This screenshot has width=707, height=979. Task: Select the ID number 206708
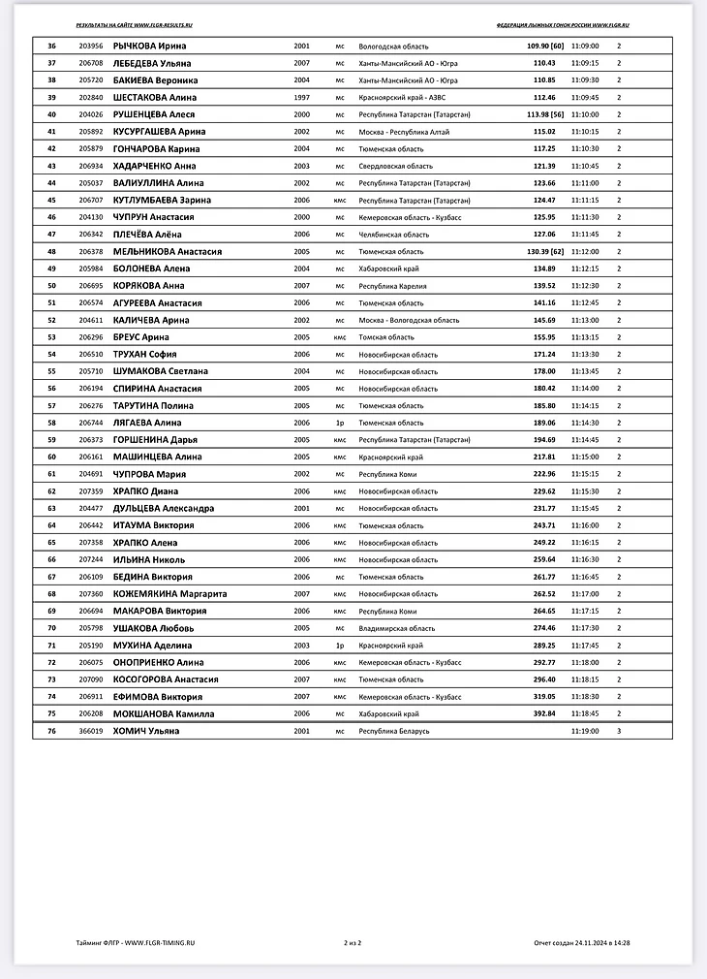pyautogui.click(x=91, y=63)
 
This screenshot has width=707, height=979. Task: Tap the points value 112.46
pyautogui.click(x=544, y=98)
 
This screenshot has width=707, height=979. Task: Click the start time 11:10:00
pyautogui.click(x=584, y=114)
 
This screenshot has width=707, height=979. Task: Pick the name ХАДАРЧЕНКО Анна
pyautogui.click(x=154, y=166)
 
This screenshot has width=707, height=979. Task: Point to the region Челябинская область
pyautogui.click(x=393, y=235)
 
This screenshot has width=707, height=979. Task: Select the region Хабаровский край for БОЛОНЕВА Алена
pyautogui.click(x=388, y=268)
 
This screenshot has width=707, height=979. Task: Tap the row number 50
pyautogui.click(x=51, y=286)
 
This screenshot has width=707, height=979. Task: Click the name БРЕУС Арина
pyautogui.click(x=140, y=337)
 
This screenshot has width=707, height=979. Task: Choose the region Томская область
pyautogui.click(x=386, y=337)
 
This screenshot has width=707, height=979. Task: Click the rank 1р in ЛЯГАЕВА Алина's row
pyautogui.click(x=340, y=423)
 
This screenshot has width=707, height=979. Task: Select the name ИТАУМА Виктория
pyautogui.click(x=153, y=525)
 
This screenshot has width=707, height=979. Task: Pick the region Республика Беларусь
pyautogui.click(x=393, y=731)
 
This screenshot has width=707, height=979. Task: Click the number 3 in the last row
pyautogui.click(x=620, y=731)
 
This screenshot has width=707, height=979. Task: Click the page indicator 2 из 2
pyautogui.click(x=352, y=942)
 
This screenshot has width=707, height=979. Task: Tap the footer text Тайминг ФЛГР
pyautogui.click(x=99, y=942)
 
